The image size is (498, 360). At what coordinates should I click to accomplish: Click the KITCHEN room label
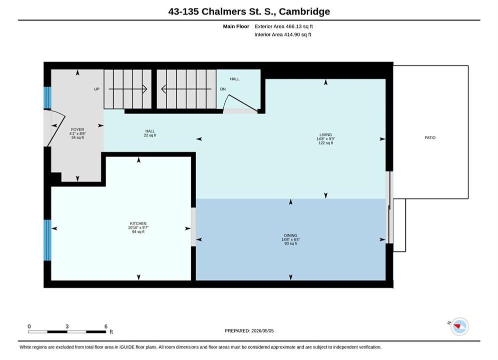pyautogui.click(x=138, y=223)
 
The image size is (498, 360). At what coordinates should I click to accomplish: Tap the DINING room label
pyautogui.click(x=291, y=235)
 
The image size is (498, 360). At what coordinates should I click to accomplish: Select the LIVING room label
pyautogui.click(x=325, y=134)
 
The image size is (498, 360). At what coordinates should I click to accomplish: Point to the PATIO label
pyautogui.click(x=430, y=137)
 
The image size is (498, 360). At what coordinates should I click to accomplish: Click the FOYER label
pyautogui.click(x=78, y=129)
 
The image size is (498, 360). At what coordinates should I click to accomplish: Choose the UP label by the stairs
pyautogui.click(x=97, y=89)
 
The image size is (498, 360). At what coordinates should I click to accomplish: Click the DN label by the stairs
pyautogui.click(x=223, y=89)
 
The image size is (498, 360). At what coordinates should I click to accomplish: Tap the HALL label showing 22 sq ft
pyautogui.click(x=150, y=131)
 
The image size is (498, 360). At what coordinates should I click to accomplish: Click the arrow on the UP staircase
pyautogui.click(x=128, y=89)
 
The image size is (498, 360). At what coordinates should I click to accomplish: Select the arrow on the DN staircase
pyautogui.click(x=186, y=89)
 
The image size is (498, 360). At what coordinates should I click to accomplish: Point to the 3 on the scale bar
pyautogui.click(x=67, y=326)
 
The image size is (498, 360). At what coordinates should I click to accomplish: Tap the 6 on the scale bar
pyautogui.click(x=106, y=326)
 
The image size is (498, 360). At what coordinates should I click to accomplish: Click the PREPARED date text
pyautogui.click(x=249, y=331)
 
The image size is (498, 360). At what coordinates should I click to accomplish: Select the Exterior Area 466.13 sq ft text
pyautogui.click(x=284, y=26)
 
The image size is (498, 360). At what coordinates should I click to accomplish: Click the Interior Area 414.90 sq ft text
pyautogui.click(x=283, y=34)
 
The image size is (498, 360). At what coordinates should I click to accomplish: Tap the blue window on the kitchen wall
pyautogui.click(x=48, y=240)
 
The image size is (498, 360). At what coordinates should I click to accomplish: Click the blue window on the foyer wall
pyautogui.click(x=48, y=97)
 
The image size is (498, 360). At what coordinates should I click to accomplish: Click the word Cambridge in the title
pyautogui.click(x=304, y=11)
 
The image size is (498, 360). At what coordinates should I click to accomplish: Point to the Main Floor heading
pyautogui.click(x=236, y=26)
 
